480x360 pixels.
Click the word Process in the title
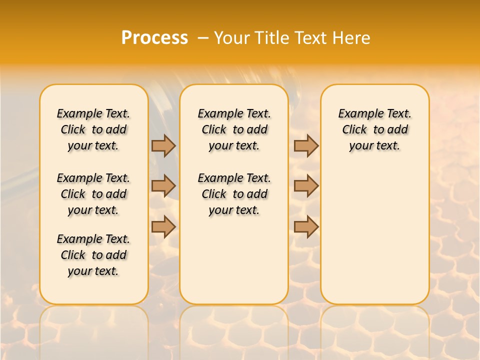[154, 38]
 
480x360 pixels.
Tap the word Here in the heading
[351, 38]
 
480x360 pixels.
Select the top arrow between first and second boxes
[163, 145]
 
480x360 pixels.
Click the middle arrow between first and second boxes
[163, 186]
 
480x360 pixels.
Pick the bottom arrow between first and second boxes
[163, 226]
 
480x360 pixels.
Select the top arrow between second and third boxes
[306, 145]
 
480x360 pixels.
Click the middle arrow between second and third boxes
[306, 186]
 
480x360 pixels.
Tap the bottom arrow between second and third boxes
[306, 226]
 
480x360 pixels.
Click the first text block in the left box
[93, 129]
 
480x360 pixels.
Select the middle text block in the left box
[93, 194]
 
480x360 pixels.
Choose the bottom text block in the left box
[93, 255]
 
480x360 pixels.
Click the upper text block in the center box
[234, 129]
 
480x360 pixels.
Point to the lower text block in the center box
[234, 194]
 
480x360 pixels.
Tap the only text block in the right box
[375, 129]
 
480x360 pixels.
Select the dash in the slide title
[203, 38]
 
